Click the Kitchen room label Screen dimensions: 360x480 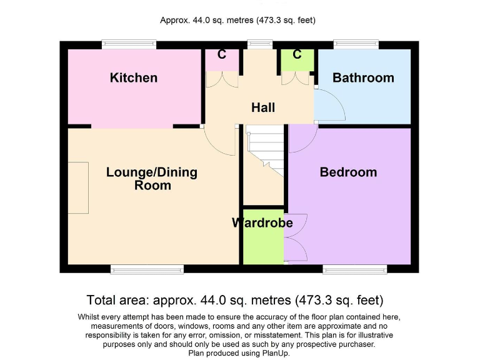point(134,78)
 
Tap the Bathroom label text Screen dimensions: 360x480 point(363,78)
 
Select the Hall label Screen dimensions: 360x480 point(263,107)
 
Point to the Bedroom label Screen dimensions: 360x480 point(348,172)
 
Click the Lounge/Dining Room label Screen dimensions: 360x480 point(152,178)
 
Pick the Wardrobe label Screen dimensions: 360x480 point(262,223)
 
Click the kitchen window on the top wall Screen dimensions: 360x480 point(130,44)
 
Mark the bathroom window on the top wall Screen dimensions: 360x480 point(357,44)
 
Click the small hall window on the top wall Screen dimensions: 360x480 point(256,44)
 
